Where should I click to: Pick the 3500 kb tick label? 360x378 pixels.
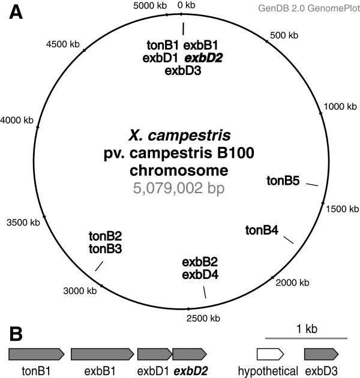click(23, 223)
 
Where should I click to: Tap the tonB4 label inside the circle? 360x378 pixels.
click(262, 229)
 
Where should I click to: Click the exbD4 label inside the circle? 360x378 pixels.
click(200, 275)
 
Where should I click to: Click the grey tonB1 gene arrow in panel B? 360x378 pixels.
click(36, 354)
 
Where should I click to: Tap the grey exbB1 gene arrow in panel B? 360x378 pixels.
click(100, 354)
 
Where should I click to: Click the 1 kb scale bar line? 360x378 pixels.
click(306, 339)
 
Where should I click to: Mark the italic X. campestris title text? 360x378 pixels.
click(181, 136)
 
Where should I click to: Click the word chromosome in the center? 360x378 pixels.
click(181, 170)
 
